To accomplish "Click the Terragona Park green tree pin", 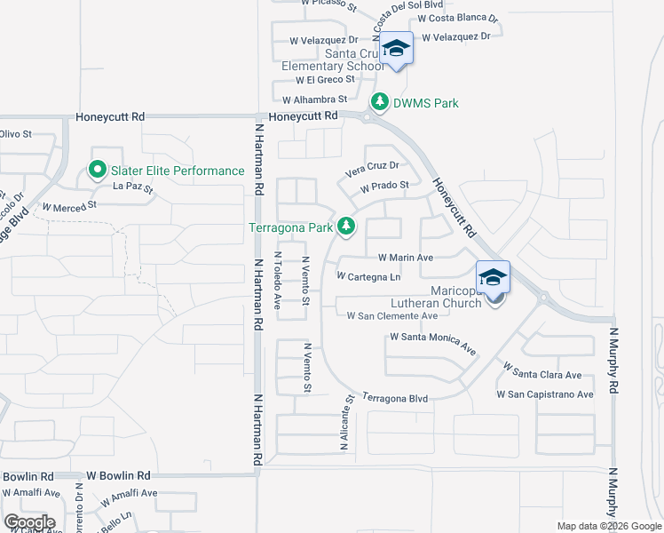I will click(x=346, y=228).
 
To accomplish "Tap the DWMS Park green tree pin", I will click(x=380, y=103).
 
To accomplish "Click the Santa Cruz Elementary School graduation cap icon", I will click(x=397, y=50).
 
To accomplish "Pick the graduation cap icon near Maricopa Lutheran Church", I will click(x=493, y=276).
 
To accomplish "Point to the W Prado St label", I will click(x=383, y=186).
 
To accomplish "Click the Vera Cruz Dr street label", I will click(x=372, y=165).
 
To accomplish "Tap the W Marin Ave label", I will click(x=405, y=258).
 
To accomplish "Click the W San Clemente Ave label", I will click(x=392, y=315).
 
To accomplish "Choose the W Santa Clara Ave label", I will click(x=541, y=371).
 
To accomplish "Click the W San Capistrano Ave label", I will click(x=545, y=394).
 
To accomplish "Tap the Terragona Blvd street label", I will click(x=396, y=400).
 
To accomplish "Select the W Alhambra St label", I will click(x=314, y=99).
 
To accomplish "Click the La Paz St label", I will click(x=133, y=187).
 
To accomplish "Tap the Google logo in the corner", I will click(x=29, y=521).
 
